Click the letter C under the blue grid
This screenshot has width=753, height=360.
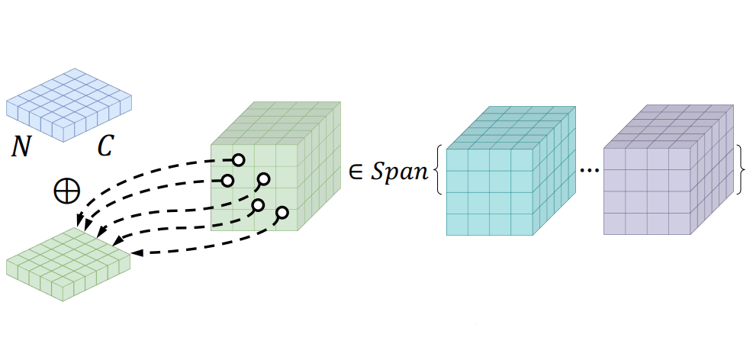tap(105, 146)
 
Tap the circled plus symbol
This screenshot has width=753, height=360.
tap(67, 191)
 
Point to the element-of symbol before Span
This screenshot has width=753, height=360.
tap(355, 172)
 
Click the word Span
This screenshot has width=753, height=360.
tap(398, 172)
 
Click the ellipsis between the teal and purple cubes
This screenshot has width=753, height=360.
tap(589, 172)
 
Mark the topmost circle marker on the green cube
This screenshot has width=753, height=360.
tap(238, 160)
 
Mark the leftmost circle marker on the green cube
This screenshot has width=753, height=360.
tap(227, 181)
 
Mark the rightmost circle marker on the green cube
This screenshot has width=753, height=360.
tap(282, 212)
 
